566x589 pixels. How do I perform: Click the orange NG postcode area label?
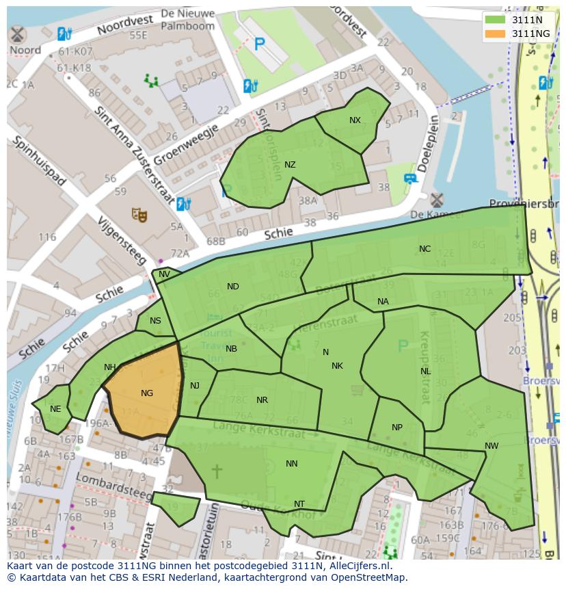pyautogui.click(x=147, y=393)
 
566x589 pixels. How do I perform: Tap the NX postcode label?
pyautogui.click(x=355, y=120)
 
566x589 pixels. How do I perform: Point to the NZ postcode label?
pyautogui.click(x=290, y=165)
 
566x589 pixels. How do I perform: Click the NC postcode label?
pyautogui.click(x=424, y=249)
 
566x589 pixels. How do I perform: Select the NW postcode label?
pyautogui.click(x=491, y=446)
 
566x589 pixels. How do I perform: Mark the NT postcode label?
pyautogui.click(x=299, y=504)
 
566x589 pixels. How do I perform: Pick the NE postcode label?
pyautogui.click(x=55, y=409)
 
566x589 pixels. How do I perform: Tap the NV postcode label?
pyautogui.click(x=164, y=274)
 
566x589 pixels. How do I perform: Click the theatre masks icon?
pyautogui.click(x=140, y=215)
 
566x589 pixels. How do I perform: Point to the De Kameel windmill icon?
pyautogui.click(x=436, y=200)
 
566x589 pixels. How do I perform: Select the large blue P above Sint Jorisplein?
pyautogui.click(x=259, y=45)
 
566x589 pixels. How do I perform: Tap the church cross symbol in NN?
pyautogui.click(x=217, y=471)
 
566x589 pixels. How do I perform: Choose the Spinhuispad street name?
pyautogui.click(x=37, y=161)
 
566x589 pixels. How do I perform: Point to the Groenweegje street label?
pyautogui.click(x=186, y=144)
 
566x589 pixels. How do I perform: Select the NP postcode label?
pyautogui.click(x=397, y=428)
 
